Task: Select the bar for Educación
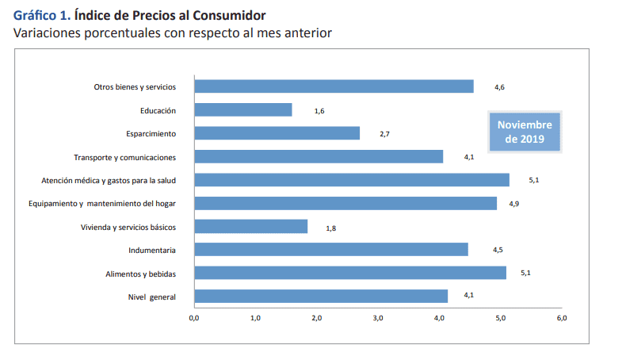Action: click(x=242, y=110)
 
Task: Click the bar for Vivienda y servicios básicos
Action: click(x=250, y=227)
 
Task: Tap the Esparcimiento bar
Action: click(x=277, y=133)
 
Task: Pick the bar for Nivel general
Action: click(x=320, y=297)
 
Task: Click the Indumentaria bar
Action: click(x=330, y=250)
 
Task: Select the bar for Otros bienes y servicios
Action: click(x=334, y=86)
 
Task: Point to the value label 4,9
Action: click(x=513, y=204)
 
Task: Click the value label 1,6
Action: click(x=319, y=111)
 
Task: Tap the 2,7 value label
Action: click(x=384, y=134)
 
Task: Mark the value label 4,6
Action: click(x=499, y=87)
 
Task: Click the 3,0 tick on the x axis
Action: click(x=377, y=318)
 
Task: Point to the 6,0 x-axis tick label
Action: click(x=562, y=318)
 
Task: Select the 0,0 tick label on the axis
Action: click(x=193, y=318)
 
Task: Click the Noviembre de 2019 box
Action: click(x=524, y=132)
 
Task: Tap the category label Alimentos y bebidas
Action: click(x=140, y=274)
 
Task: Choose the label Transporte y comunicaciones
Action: click(x=124, y=157)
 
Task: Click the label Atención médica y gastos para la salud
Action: click(x=108, y=180)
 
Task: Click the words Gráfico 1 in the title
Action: click(x=41, y=15)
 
